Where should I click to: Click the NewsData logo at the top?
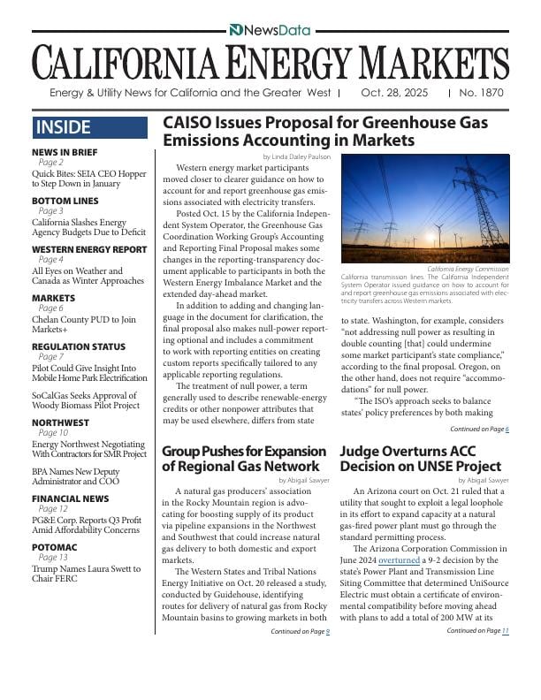click(270, 30)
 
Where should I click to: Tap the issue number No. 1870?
click(483, 93)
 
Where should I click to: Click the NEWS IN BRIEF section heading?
click(65, 152)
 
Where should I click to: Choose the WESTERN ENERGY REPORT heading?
click(89, 249)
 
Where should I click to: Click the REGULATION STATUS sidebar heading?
click(79, 346)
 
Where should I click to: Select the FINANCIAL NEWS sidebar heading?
click(70, 498)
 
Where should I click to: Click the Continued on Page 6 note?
click(478, 429)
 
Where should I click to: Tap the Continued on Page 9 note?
click(300, 631)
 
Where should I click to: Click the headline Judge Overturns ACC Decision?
click(420, 458)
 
